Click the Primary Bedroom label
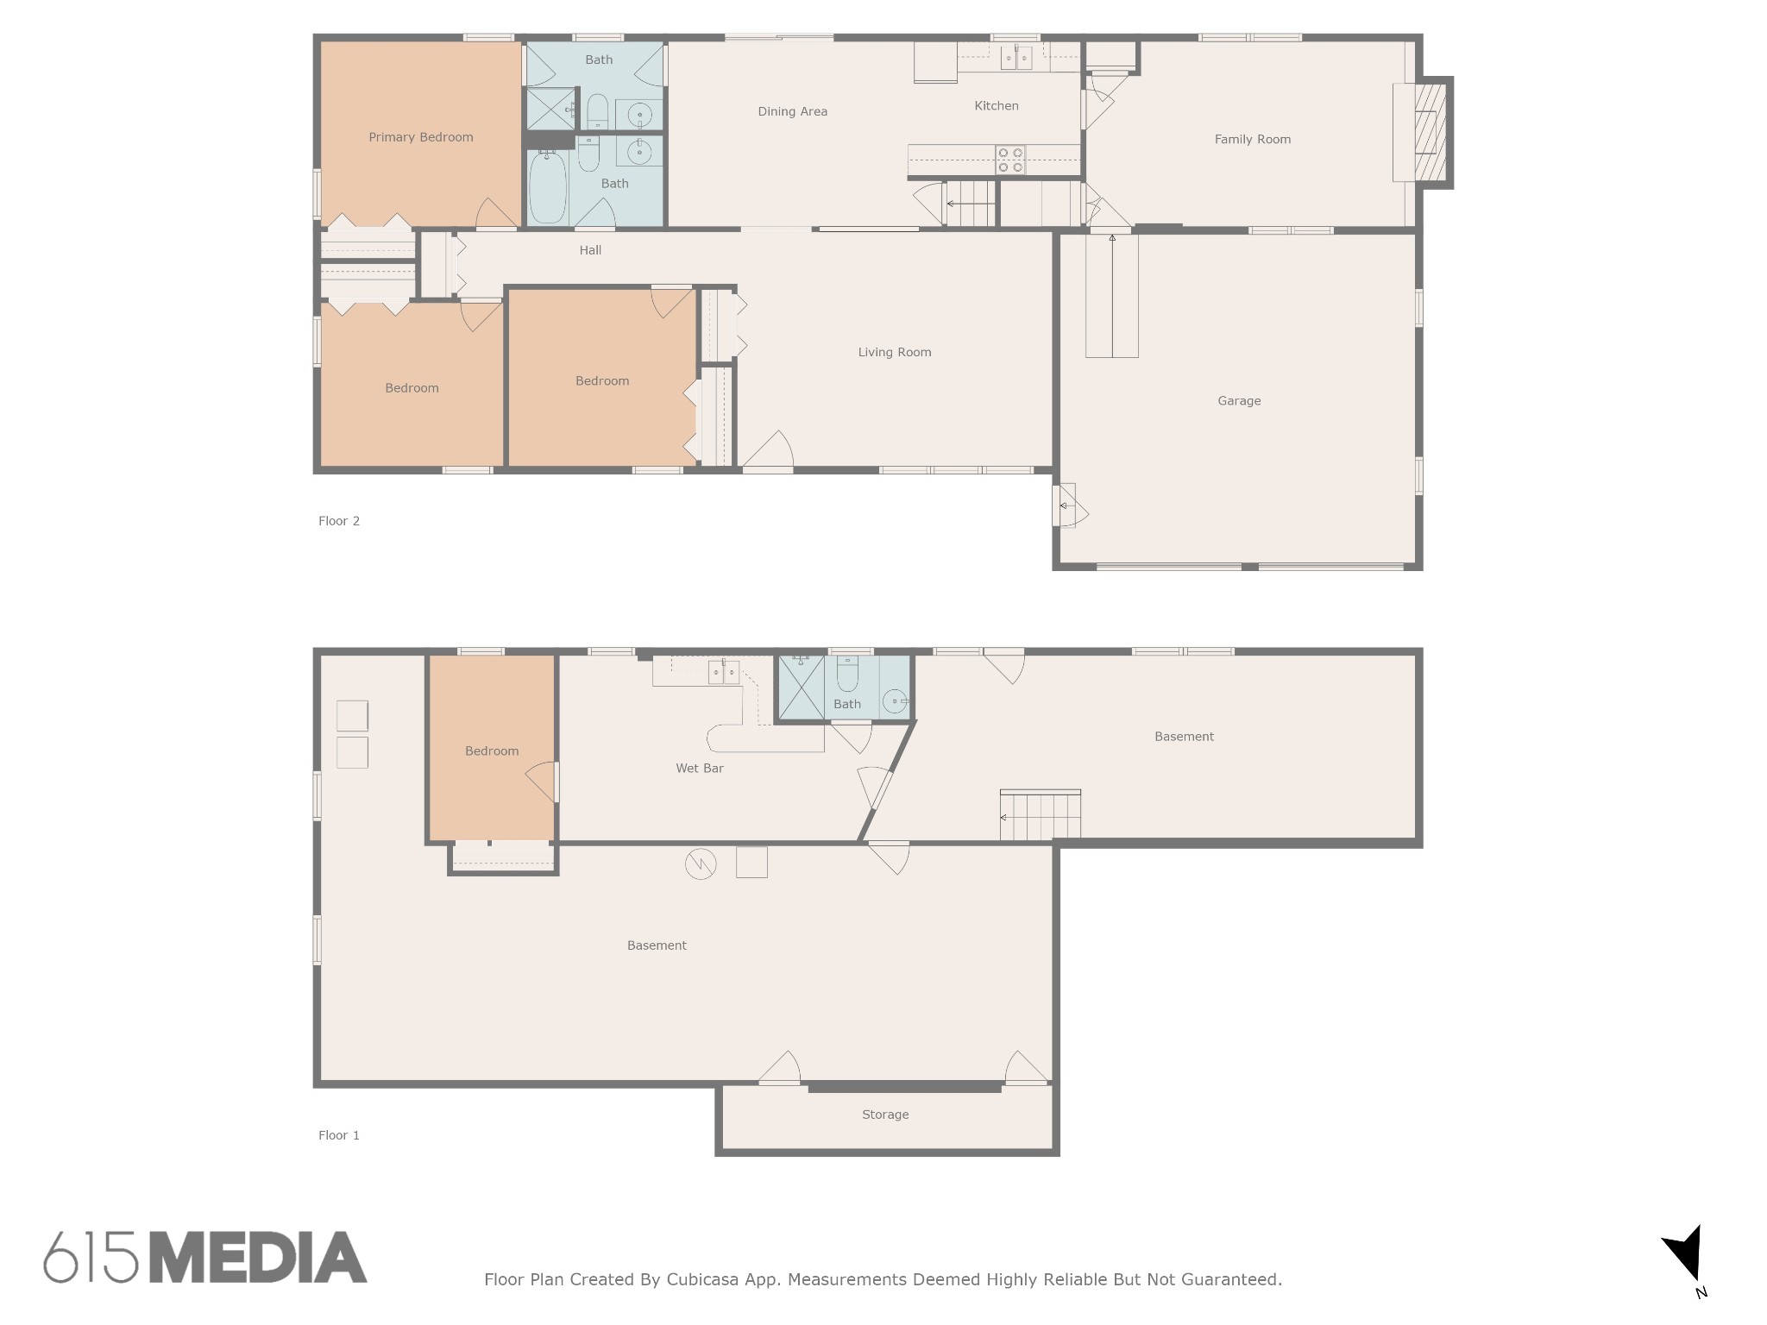[x=421, y=137]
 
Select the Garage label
[x=1239, y=400]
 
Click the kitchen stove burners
[x=1010, y=160]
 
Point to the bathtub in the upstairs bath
[x=547, y=187]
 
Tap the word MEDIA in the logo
[x=259, y=1257]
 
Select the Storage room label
[x=885, y=1115]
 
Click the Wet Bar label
[x=700, y=768]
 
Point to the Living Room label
[x=895, y=352]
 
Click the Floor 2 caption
[x=339, y=521]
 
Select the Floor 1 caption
[x=339, y=1135]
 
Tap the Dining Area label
[x=793, y=111]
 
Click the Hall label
[x=590, y=250]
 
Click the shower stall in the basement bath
[x=802, y=687]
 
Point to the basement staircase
[x=1041, y=814]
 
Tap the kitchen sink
[x=1016, y=58]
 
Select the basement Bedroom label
[x=492, y=751]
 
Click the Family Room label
[x=1253, y=139]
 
